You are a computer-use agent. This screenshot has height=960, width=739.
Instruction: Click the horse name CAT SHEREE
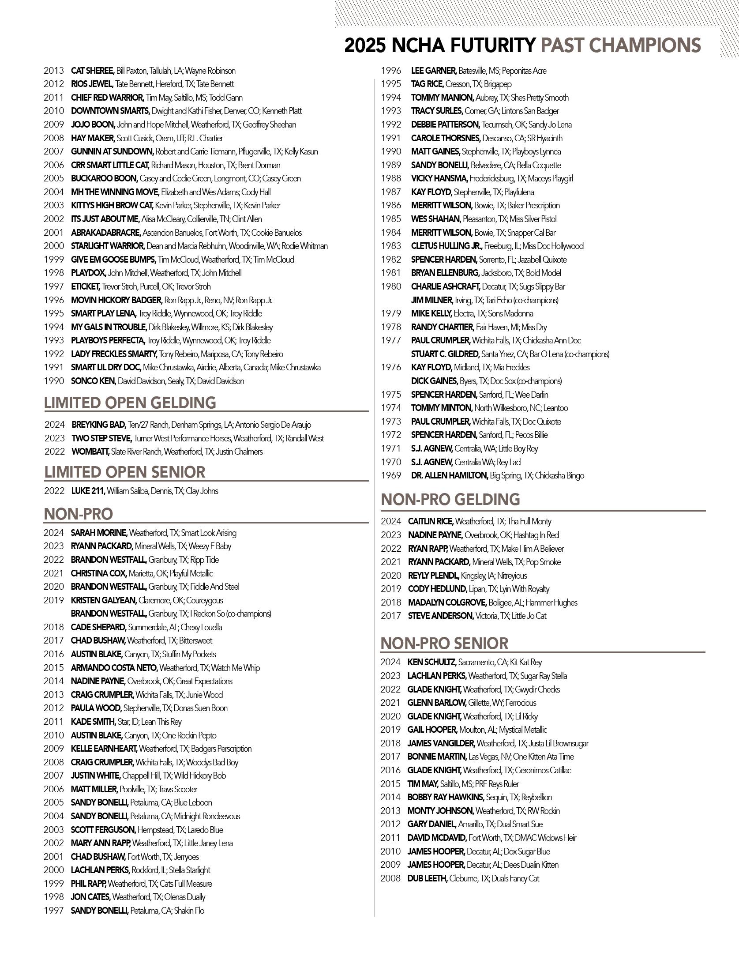click(x=93, y=71)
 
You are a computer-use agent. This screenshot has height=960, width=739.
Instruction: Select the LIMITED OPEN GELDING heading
click(x=130, y=403)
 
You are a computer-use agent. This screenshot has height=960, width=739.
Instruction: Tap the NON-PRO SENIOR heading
click(x=444, y=643)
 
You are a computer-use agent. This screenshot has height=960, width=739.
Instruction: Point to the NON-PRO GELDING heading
click(x=450, y=499)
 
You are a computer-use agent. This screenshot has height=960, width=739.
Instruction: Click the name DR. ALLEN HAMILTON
click(x=449, y=475)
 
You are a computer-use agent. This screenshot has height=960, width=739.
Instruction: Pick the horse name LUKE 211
click(x=88, y=491)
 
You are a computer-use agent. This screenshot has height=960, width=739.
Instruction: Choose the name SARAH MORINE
click(x=99, y=533)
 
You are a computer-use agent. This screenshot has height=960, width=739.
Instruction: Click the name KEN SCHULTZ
click(x=431, y=662)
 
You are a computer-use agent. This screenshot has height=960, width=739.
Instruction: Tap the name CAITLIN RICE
click(x=430, y=521)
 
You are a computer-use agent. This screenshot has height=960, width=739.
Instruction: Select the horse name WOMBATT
click(x=90, y=452)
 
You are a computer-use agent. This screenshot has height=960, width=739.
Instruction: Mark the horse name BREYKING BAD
click(x=98, y=425)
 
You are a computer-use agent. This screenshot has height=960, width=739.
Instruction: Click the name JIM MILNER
click(x=432, y=300)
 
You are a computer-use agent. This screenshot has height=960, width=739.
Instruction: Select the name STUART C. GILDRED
click(x=445, y=354)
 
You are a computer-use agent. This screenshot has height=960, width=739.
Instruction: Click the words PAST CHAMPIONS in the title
click(x=620, y=45)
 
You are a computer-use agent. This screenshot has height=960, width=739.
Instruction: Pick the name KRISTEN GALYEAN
click(x=103, y=600)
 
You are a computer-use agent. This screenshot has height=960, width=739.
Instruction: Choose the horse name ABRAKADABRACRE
click(x=105, y=233)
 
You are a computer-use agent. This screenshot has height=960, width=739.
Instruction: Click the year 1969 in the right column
click(x=391, y=475)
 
